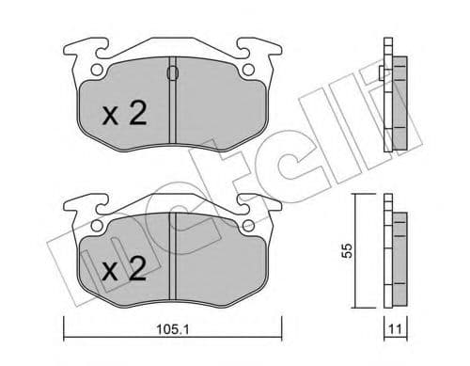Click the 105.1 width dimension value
172,329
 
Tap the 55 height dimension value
347,250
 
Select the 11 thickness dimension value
395,329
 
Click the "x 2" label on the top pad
125,114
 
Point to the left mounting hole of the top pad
97,70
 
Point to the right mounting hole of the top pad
248,70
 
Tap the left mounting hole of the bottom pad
97,225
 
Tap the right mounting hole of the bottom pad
248,225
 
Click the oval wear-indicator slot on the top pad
173,73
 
